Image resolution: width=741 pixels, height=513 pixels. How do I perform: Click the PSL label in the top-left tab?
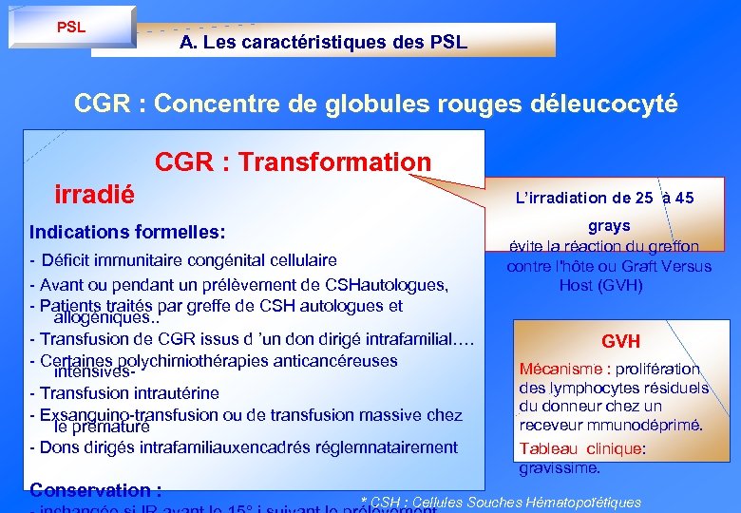(70, 28)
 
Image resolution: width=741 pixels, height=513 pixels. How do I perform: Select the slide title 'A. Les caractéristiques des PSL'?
(323, 43)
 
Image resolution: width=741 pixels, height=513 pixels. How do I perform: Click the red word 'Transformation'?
(334, 162)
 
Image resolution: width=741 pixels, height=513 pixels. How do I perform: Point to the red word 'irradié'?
(95, 193)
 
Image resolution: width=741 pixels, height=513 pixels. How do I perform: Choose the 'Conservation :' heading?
(95, 490)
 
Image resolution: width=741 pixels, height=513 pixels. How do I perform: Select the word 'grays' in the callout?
(609, 226)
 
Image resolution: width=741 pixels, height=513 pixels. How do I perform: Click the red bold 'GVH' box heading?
(620, 341)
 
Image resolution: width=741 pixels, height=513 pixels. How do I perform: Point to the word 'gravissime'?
(559, 468)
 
